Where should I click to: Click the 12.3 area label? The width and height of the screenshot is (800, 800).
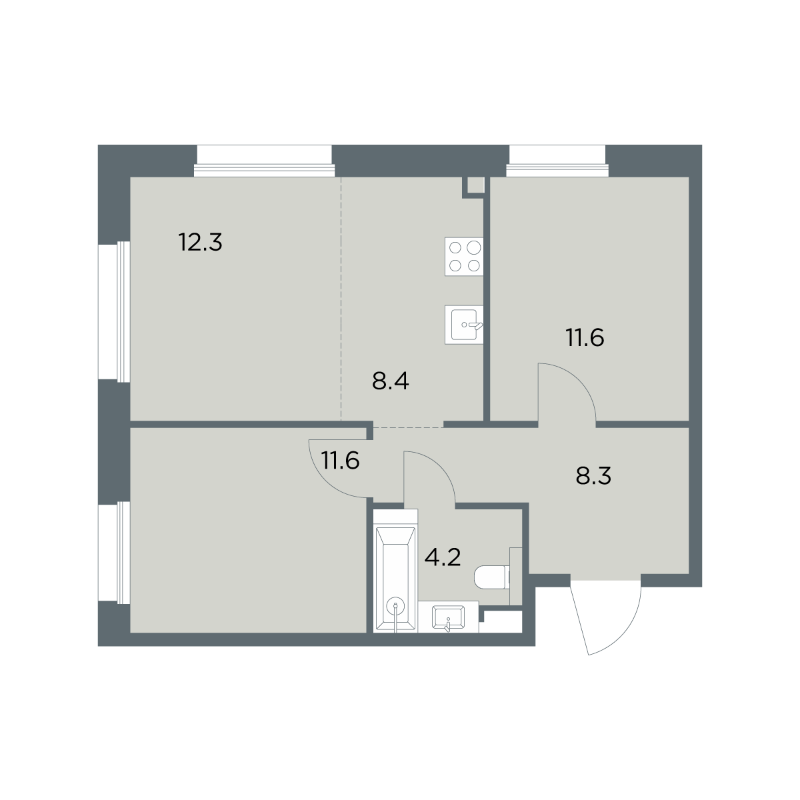[x=201, y=243]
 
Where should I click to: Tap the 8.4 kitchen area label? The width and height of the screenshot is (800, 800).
[x=391, y=381]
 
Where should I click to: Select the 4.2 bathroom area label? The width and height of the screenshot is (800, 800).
[x=443, y=557]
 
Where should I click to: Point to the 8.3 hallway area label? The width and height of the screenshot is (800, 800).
[x=593, y=476]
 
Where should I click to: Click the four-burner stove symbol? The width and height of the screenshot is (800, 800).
[x=464, y=257]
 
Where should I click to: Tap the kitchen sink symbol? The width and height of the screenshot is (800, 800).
[x=464, y=325]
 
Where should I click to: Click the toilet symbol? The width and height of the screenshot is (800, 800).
[x=492, y=577]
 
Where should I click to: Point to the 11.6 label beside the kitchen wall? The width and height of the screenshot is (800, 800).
[x=585, y=337]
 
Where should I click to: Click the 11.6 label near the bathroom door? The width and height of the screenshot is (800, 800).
[x=340, y=461]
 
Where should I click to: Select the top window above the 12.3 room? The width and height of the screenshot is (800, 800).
[x=265, y=161]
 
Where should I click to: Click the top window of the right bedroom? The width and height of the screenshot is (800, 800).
[x=557, y=161]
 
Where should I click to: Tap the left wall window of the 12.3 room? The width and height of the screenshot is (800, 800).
[x=114, y=312]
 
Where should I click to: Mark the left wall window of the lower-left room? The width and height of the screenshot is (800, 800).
[x=114, y=553]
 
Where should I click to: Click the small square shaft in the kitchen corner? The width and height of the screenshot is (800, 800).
[x=476, y=185]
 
